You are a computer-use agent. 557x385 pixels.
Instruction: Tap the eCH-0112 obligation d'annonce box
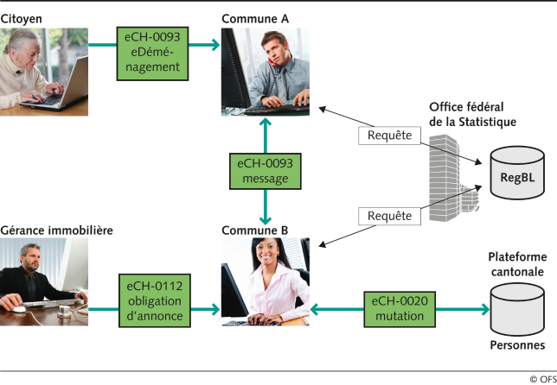pyautogui.click(x=154, y=300)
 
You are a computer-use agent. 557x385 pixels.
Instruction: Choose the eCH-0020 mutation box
pyautogui.click(x=400, y=308)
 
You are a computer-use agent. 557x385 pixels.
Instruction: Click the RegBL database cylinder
pyautogui.click(x=516, y=178)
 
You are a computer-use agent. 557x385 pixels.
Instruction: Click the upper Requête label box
pyautogui.click(x=389, y=135)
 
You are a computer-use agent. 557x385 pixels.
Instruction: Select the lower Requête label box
pyautogui.click(x=389, y=215)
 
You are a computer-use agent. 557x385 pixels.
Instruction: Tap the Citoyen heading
pyautogui.click(x=21, y=17)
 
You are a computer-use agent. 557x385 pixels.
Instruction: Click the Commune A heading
pyautogui.click(x=255, y=17)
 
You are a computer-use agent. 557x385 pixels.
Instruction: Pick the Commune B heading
pyautogui.click(x=255, y=230)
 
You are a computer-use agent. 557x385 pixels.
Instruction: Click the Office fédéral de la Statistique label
pyautogui.click(x=472, y=114)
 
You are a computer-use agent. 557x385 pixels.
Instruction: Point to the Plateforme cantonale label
pyautogui.click(x=515, y=264)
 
